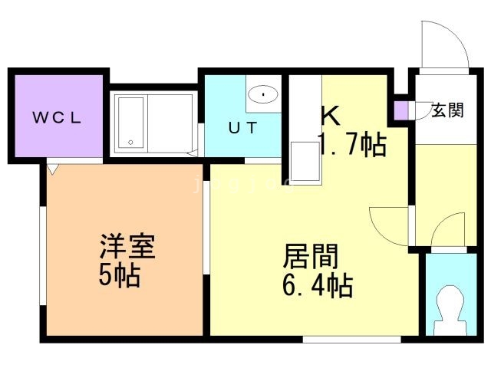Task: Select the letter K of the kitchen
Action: (330, 115)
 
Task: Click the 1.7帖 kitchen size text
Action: (351, 143)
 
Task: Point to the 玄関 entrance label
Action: (447, 110)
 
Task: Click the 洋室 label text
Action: (127, 248)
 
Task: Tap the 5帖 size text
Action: (119, 274)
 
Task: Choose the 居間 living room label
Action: (311, 255)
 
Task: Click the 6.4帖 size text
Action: (316, 286)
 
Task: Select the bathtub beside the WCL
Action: (129, 123)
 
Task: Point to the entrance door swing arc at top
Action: (443, 42)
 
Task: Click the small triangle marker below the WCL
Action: (52, 166)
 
